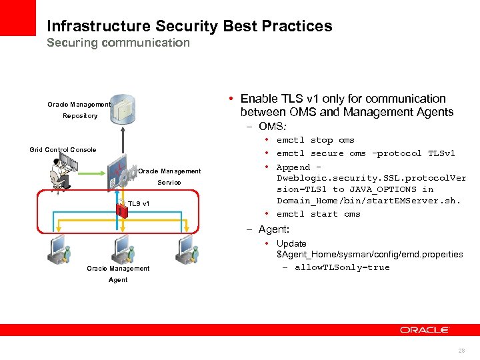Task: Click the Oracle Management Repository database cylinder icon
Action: (x=121, y=109)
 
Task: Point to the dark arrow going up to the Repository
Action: (x=122, y=143)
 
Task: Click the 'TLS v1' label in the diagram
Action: (x=139, y=203)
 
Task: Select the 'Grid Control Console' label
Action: (x=63, y=150)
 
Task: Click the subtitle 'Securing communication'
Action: (x=118, y=43)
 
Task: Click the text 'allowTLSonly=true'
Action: (x=342, y=267)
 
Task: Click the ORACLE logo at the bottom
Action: (x=425, y=330)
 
